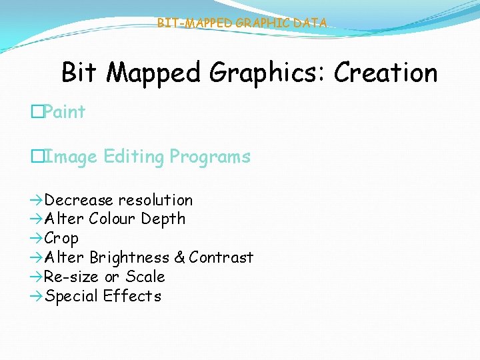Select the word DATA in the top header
(x=310, y=23)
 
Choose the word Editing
(x=132, y=157)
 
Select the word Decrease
(x=79, y=200)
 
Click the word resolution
(x=155, y=200)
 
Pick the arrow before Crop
(x=36, y=238)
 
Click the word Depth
(x=164, y=219)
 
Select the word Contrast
(x=221, y=257)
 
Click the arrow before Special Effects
(x=36, y=296)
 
